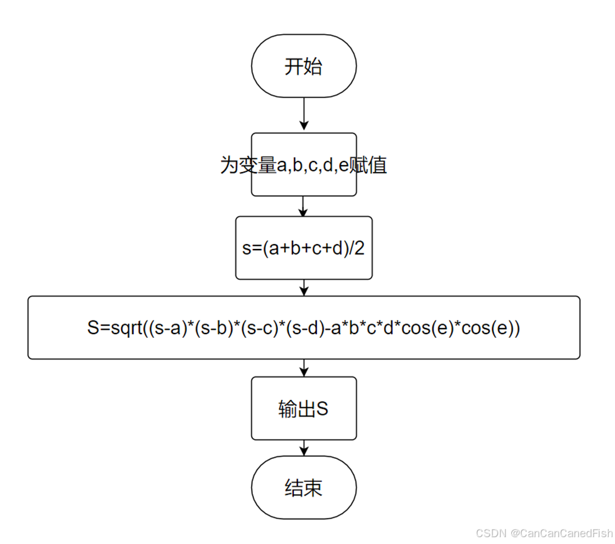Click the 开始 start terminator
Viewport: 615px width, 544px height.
tap(304, 66)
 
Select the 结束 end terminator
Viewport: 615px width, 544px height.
tap(304, 488)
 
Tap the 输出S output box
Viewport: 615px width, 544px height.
tap(304, 409)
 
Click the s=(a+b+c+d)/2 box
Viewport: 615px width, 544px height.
tap(304, 248)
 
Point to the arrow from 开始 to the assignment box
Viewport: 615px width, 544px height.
tap(304, 115)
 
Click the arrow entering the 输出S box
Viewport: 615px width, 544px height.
tap(304, 368)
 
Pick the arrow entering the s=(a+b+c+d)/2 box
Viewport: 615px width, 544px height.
tap(304, 206)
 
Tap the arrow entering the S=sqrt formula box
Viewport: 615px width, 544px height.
tap(304, 288)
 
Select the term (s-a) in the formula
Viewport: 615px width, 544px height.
tap(170, 329)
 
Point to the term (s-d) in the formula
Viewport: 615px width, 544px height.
tap(302, 329)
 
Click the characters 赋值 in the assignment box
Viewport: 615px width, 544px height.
tap(368, 165)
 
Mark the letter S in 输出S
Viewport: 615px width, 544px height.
tap(322, 409)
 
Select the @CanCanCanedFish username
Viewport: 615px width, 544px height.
tap(561, 533)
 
